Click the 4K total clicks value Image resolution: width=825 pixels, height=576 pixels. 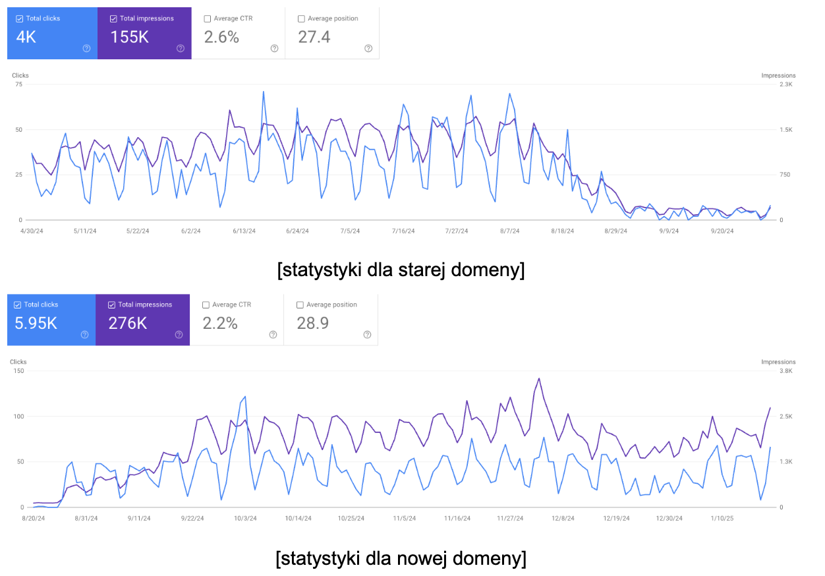(x=26, y=38)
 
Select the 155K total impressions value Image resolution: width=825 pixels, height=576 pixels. (x=129, y=38)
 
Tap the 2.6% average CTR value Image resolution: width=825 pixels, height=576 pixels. (x=221, y=38)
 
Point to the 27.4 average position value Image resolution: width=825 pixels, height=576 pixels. (x=314, y=38)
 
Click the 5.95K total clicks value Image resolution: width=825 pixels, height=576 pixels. (x=36, y=324)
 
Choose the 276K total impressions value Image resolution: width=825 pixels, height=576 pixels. (x=128, y=324)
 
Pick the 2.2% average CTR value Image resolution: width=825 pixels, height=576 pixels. (x=220, y=324)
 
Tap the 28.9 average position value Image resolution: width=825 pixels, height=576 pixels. (x=313, y=324)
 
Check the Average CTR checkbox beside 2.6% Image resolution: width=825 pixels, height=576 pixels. (x=208, y=19)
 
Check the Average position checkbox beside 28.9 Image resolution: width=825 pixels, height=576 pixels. (x=300, y=305)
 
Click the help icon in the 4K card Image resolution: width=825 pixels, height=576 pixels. (x=86, y=48)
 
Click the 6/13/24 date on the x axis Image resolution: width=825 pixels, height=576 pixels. (x=244, y=231)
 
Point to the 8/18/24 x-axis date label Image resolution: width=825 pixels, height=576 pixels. (x=562, y=231)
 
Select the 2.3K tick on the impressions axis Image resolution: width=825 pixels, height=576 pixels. (x=786, y=85)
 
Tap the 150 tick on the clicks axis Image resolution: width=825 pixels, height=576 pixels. (x=18, y=371)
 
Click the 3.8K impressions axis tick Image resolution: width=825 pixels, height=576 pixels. (x=786, y=371)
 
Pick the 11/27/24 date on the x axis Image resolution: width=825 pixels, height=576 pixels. (x=511, y=518)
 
